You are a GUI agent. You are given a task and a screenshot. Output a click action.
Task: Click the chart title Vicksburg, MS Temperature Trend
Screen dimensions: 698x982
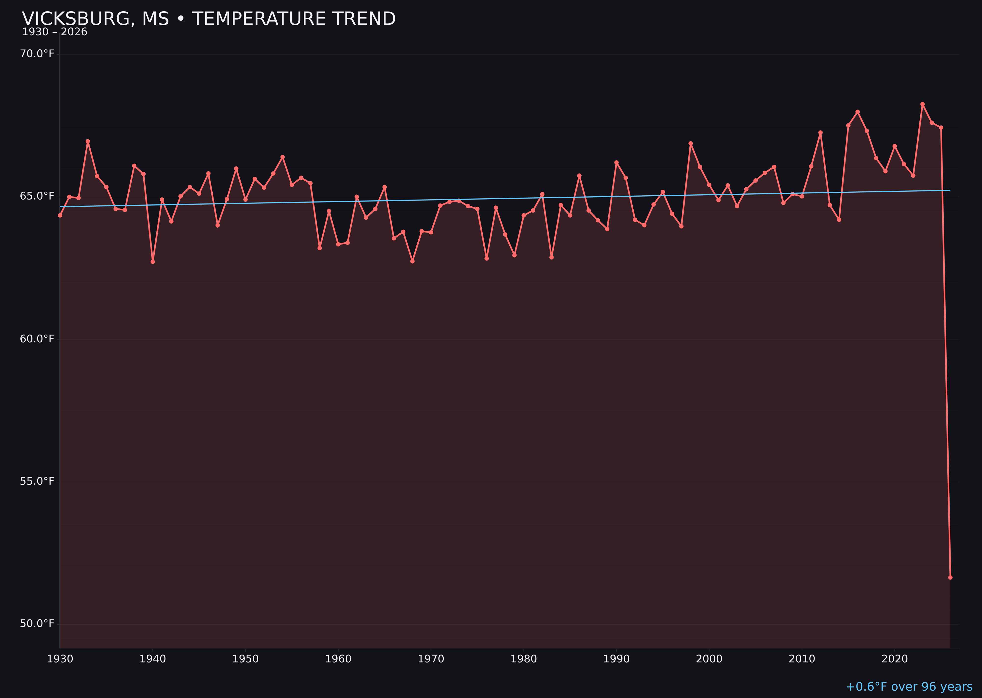pos(208,19)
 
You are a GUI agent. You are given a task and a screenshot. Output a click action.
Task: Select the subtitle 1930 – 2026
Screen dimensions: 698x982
pos(55,32)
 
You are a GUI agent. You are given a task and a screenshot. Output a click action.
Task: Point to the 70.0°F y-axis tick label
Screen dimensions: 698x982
pos(37,54)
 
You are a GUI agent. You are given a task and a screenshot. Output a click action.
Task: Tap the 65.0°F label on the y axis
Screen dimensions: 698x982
pos(37,196)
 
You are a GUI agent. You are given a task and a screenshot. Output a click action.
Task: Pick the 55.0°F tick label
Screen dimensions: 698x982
pos(37,481)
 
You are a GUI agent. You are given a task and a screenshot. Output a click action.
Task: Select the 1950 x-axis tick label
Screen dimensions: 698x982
pos(245,659)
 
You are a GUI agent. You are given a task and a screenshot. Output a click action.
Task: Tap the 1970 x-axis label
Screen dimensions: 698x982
pos(431,659)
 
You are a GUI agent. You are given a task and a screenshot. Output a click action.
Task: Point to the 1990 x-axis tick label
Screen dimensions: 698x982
pos(616,659)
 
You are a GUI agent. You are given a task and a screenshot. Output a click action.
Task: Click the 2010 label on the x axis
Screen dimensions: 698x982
pos(802,659)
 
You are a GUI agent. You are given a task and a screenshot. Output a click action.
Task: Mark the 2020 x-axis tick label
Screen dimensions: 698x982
pos(895,659)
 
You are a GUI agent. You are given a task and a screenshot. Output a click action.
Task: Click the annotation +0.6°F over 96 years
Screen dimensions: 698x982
pos(909,687)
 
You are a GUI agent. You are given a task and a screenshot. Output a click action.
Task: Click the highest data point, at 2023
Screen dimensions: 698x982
pos(922,104)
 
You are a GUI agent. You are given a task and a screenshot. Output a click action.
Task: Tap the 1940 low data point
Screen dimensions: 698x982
pos(153,262)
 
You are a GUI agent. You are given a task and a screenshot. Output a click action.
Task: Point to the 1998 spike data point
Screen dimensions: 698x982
pos(691,144)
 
